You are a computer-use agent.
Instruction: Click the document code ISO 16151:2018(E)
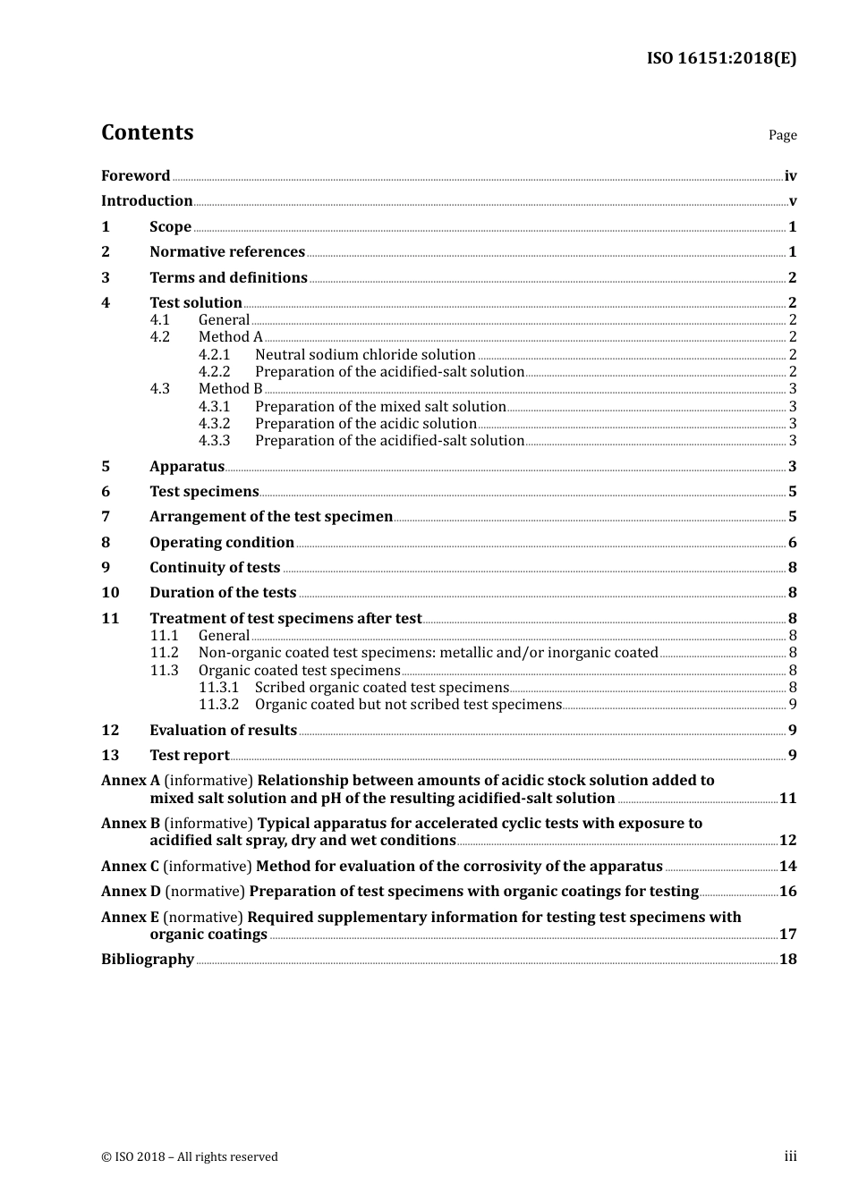point(721,58)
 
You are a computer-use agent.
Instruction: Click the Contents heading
point(147,132)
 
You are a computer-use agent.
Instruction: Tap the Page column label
point(782,135)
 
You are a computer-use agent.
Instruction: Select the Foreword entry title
point(135,176)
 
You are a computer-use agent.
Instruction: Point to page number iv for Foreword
point(790,176)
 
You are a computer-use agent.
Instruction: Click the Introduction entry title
point(147,201)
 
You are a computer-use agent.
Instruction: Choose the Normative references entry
point(227,252)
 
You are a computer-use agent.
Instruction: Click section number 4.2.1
point(214,355)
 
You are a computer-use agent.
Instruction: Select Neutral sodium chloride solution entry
point(365,355)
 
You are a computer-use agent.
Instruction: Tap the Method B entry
point(230,389)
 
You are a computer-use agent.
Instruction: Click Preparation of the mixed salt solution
point(380,407)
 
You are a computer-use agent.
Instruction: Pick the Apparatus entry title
point(187,467)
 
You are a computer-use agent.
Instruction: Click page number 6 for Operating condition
point(792,543)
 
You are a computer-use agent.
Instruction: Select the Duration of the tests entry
point(223,593)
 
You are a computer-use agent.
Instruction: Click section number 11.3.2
point(218,705)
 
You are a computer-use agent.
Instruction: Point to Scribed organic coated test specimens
point(381,688)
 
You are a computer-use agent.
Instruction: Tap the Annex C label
point(130,867)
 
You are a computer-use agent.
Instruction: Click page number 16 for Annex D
point(787,892)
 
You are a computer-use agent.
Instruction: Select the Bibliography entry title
point(148,960)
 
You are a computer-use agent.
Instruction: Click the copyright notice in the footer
point(190,1157)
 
